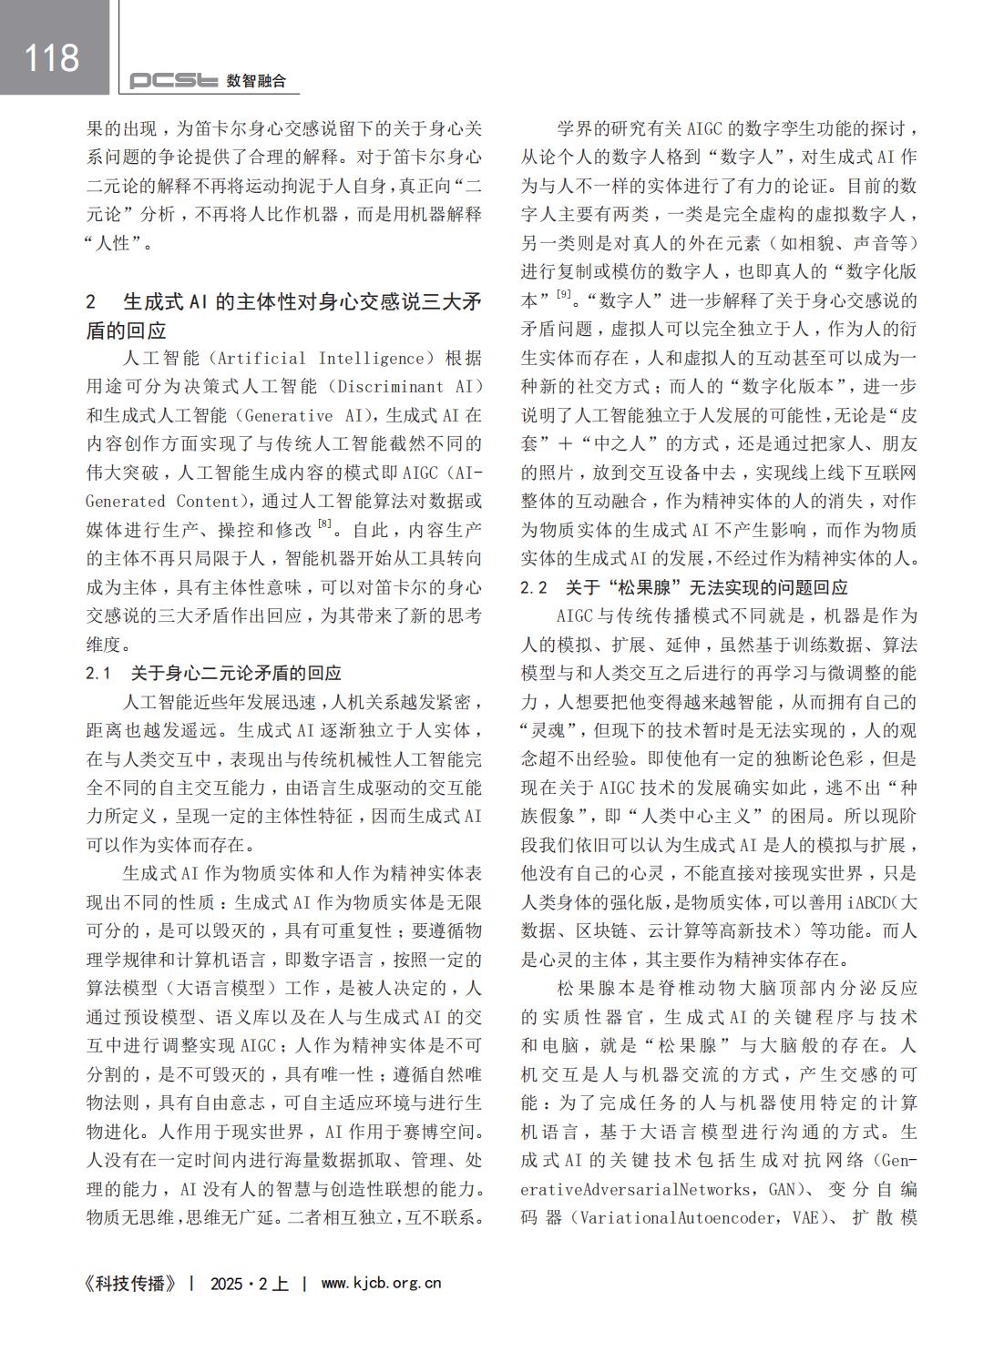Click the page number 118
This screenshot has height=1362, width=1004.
click(x=52, y=57)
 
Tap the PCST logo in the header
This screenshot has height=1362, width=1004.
click(x=173, y=81)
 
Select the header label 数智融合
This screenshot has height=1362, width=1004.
click(x=256, y=81)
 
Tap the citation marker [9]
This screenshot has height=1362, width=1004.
click(x=564, y=293)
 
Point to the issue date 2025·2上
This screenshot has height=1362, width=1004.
click(x=248, y=1283)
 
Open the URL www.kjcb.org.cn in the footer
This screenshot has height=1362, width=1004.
click(x=381, y=1283)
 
